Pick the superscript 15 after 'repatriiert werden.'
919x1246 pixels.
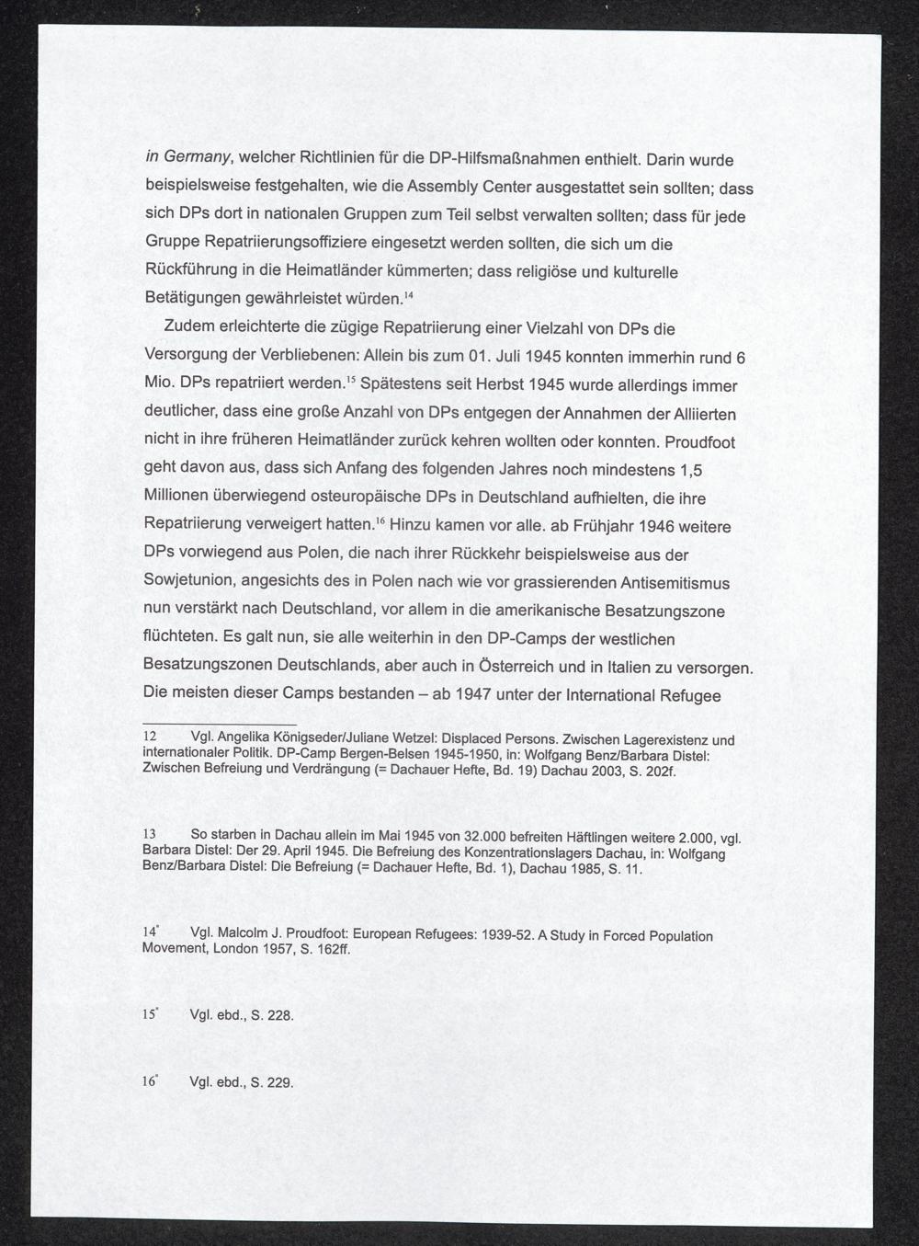click(x=350, y=381)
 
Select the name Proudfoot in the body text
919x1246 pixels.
click(x=699, y=441)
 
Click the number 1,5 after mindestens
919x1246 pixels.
click(x=690, y=470)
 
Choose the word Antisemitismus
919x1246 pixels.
click(x=675, y=583)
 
